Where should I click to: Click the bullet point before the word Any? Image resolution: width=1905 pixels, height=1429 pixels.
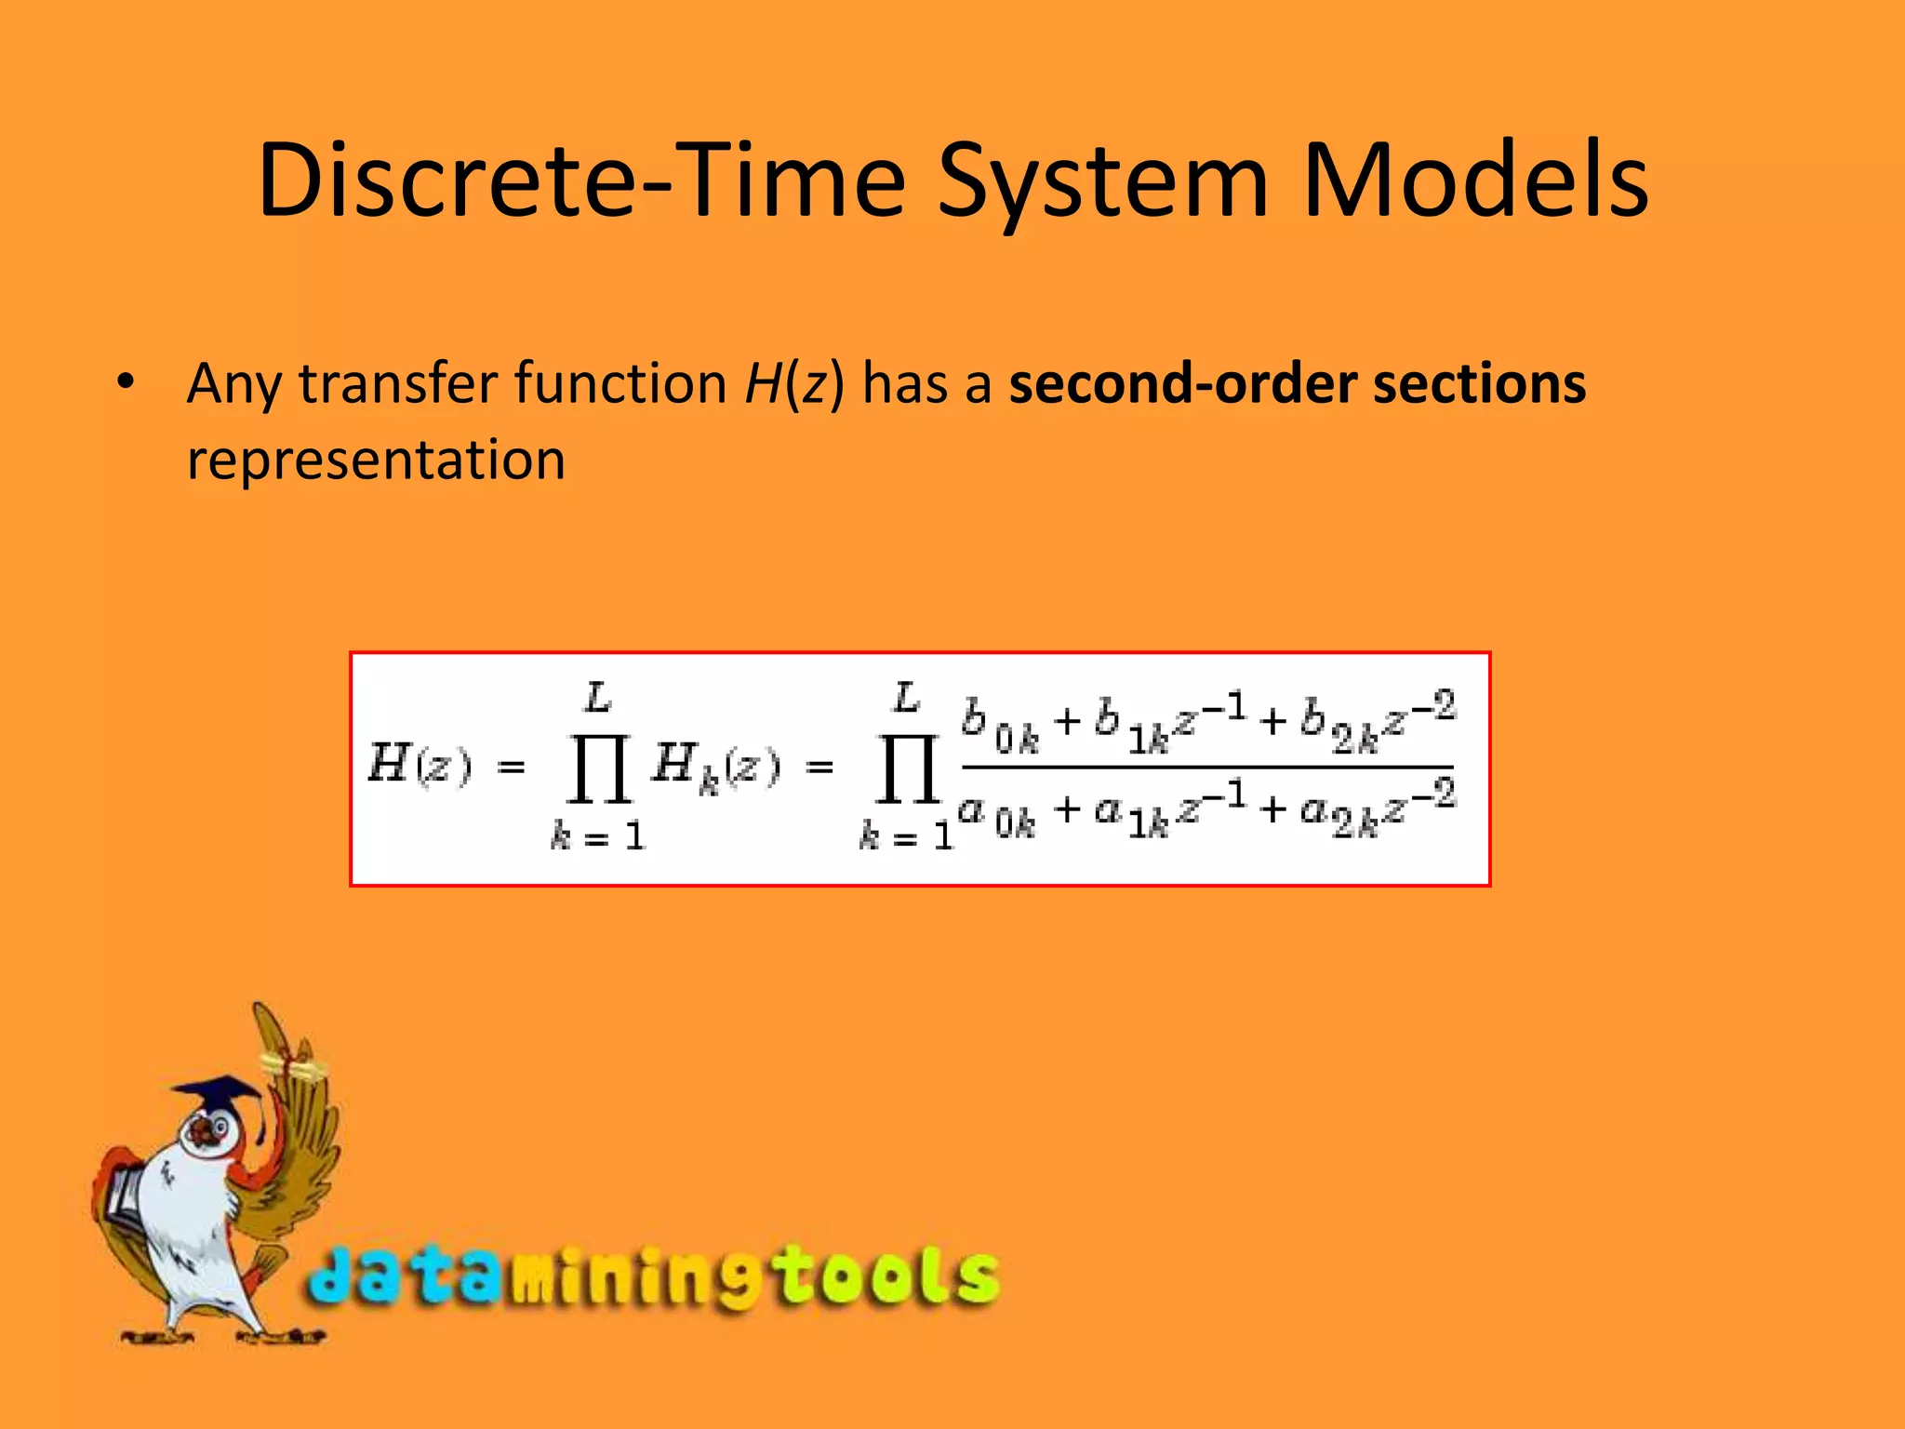pyautogui.click(x=127, y=381)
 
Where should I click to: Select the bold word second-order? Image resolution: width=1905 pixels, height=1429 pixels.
pyautogui.click(x=1181, y=383)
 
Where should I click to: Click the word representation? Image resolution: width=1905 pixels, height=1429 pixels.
pyautogui.click(x=376, y=460)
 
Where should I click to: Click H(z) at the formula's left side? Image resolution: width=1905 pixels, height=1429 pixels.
pyautogui.click(x=420, y=766)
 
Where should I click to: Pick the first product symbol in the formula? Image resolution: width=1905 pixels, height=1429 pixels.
pyautogui.click(x=599, y=768)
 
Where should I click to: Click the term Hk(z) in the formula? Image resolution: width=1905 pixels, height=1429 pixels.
pyautogui.click(x=714, y=768)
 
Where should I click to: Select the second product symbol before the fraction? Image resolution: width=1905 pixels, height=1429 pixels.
pyautogui.click(x=907, y=768)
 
